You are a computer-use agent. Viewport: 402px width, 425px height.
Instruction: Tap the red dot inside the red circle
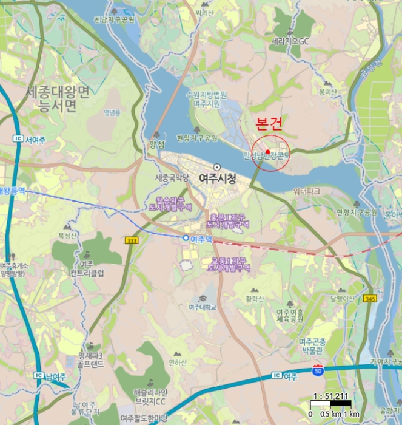(x=267, y=152)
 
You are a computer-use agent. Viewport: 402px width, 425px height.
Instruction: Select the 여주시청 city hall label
(x=216, y=178)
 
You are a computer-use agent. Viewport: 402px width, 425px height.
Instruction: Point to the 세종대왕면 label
(x=58, y=93)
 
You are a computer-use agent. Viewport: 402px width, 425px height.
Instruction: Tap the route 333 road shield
(x=131, y=241)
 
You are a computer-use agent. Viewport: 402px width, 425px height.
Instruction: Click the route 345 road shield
(x=370, y=299)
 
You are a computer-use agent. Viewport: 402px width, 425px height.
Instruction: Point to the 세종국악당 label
(x=172, y=178)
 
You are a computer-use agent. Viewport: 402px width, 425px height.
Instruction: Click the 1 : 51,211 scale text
(x=331, y=396)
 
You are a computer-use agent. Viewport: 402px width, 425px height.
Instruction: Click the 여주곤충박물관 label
(x=313, y=347)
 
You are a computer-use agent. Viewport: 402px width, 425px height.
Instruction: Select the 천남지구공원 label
(x=113, y=19)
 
